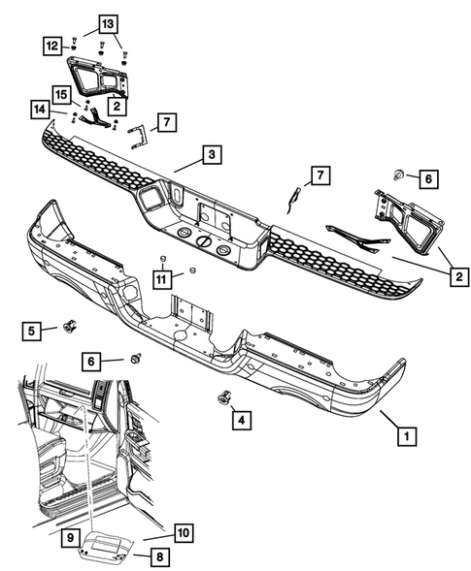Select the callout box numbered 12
tap(50, 45)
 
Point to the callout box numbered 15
tap(60, 95)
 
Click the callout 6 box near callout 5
tap(93, 361)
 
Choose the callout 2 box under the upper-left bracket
tap(116, 105)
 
